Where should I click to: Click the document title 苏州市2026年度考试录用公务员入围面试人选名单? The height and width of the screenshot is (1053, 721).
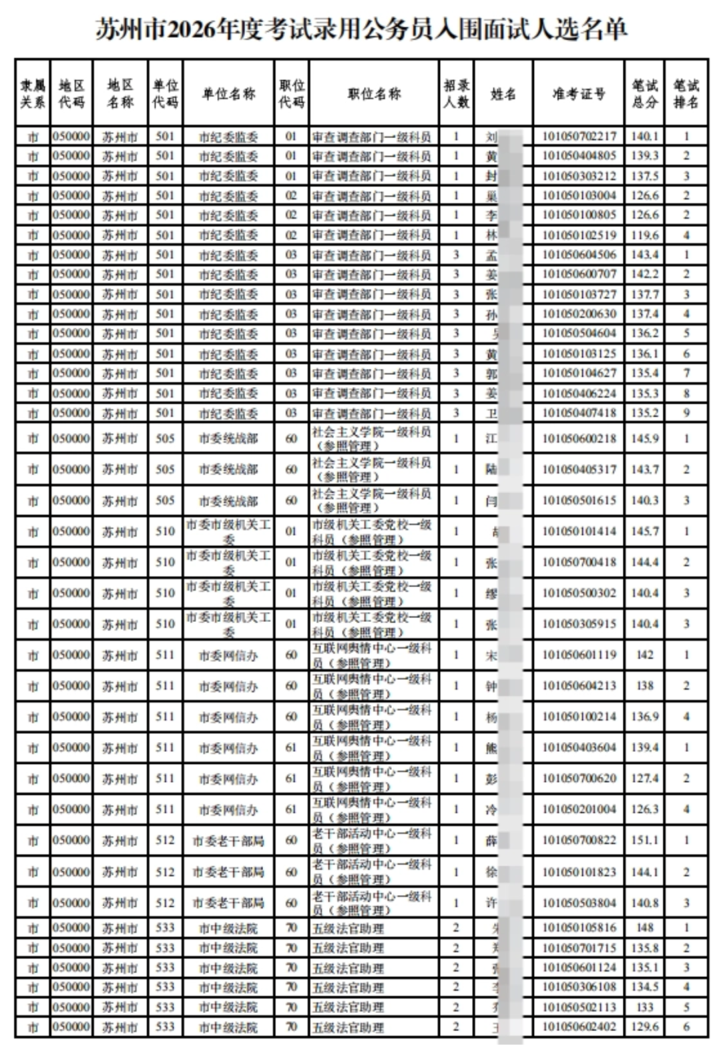pos(360,29)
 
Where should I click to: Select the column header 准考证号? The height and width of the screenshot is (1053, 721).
pos(579,94)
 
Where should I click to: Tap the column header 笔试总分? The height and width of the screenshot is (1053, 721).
pos(645,94)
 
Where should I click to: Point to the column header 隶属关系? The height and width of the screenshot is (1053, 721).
pos(33,94)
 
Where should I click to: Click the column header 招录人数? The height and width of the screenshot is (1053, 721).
pos(457,94)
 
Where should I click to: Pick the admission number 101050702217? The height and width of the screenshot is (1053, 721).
pos(579,137)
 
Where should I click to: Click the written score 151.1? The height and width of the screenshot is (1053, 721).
pos(645,840)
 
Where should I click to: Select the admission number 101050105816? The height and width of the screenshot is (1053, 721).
pos(579,928)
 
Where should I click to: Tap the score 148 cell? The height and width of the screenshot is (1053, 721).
pos(645,928)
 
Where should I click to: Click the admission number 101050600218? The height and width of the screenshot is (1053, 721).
pos(579,438)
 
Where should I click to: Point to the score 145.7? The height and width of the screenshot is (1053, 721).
pos(645,531)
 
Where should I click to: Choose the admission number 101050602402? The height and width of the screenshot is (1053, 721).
pos(579,1026)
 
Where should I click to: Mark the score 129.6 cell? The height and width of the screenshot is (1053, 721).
pos(645,1026)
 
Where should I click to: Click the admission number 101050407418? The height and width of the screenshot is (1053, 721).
pos(579,413)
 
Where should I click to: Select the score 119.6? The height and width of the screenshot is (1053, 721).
pos(645,235)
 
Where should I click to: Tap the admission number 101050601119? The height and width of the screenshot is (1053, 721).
pos(579,655)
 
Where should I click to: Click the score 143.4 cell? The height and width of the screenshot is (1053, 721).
pos(645,255)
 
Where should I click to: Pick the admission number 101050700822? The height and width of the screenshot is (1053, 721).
pos(579,840)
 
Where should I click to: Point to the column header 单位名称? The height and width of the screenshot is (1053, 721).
pos(228,94)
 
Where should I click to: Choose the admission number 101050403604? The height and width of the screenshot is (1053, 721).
pos(579,747)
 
